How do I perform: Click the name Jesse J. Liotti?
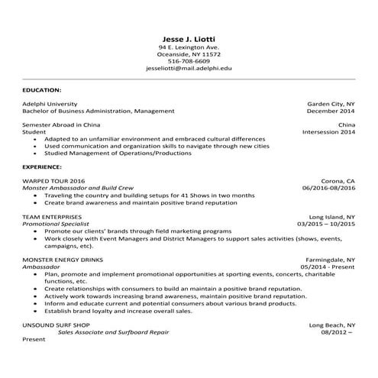coord(189,38)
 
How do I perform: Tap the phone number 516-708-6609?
coord(189,61)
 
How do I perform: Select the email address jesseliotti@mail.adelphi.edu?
coord(189,68)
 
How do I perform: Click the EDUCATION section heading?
coord(42,90)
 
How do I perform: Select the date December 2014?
coord(331,111)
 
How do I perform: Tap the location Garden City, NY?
coord(331,103)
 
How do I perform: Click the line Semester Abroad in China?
coord(61,124)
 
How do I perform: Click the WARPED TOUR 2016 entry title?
coord(54,180)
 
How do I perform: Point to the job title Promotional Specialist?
coord(61,224)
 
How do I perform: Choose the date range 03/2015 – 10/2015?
coord(326,224)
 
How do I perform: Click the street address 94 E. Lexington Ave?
coord(189,47)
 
